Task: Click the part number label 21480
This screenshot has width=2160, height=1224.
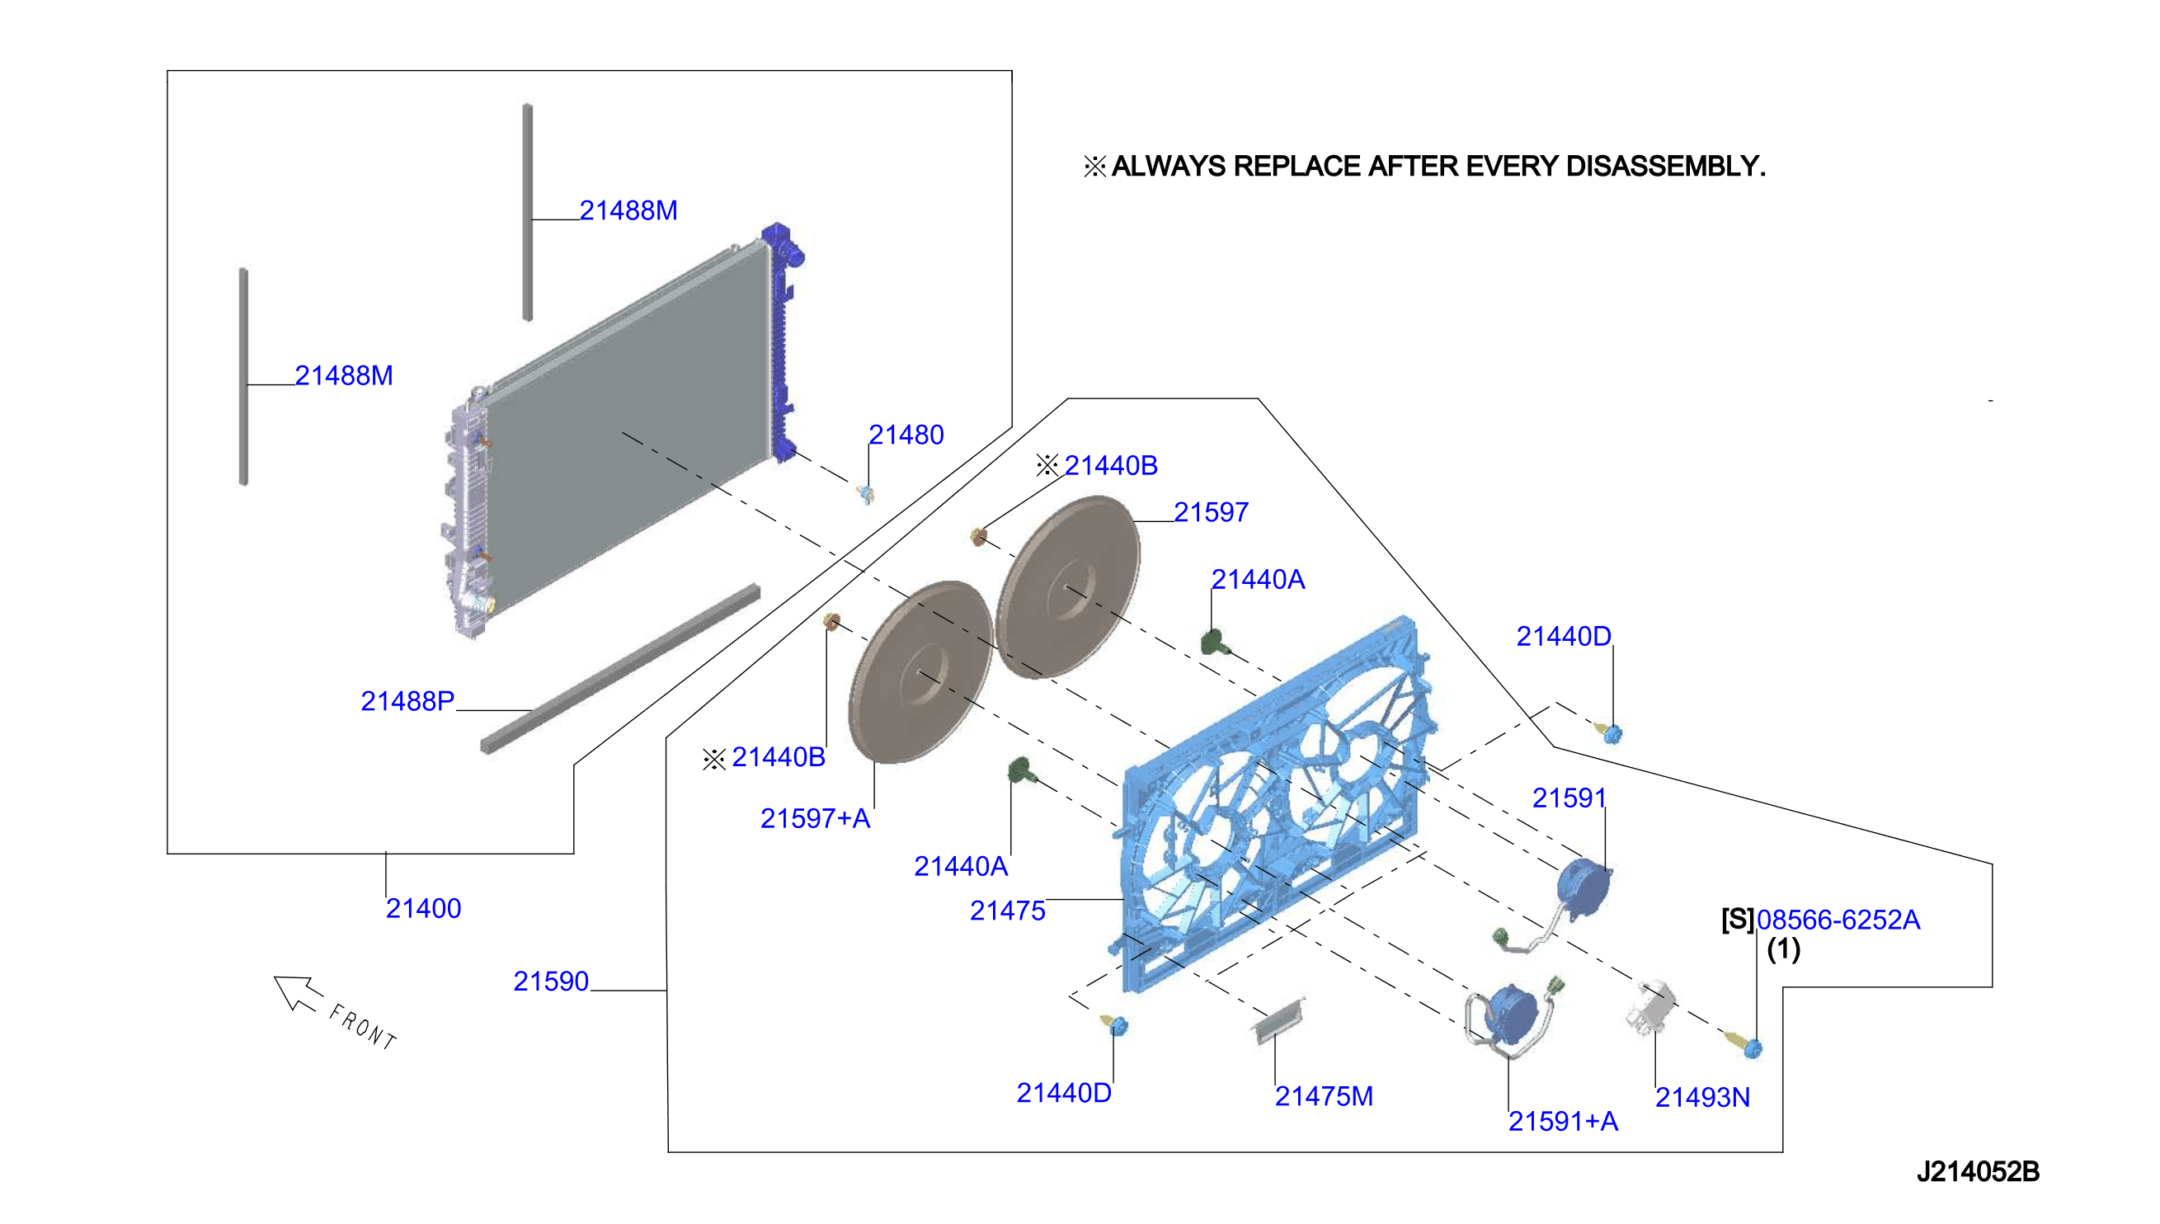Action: (906, 435)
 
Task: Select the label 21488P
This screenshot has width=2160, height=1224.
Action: (407, 700)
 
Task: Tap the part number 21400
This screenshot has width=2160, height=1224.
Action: (423, 908)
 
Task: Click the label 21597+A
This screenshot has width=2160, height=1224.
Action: (814, 818)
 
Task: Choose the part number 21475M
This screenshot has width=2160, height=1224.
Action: (1323, 1096)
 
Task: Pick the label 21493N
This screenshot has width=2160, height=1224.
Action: (1702, 1097)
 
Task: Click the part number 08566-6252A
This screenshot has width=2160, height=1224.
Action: (1838, 920)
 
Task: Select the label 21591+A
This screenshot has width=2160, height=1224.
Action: (1562, 1121)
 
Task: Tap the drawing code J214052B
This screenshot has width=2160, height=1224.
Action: (1978, 1171)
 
